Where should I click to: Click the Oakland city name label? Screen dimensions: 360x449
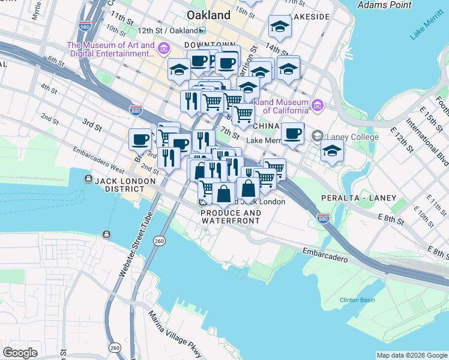pos(208,14)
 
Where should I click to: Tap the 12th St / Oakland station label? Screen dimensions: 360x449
pos(167,31)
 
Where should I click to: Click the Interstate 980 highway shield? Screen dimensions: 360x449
pos(84,26)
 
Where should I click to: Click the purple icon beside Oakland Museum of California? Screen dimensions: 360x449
pos(318,106)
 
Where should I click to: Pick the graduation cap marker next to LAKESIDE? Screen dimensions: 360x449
pos(279,26)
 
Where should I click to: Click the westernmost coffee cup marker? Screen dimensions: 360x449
pos(140,140)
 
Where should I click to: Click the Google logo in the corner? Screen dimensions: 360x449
pos(20,353)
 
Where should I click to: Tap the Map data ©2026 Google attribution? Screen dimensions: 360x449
pos(412,355)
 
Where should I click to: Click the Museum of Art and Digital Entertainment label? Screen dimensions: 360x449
pos(111,49)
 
